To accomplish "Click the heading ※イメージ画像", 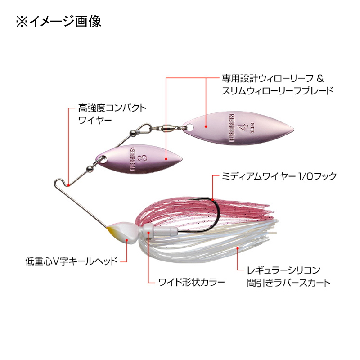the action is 59,22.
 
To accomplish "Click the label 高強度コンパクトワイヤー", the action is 112,114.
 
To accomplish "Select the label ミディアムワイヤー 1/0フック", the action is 279,176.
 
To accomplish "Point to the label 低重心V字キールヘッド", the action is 72,261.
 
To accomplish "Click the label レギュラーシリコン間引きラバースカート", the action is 289,276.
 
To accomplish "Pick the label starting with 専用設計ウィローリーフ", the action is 278,85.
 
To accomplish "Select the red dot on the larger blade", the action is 206,126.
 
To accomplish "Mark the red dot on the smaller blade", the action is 166,158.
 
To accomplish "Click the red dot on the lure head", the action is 127,240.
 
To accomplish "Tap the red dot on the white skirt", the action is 238,248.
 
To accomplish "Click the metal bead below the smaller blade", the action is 89,169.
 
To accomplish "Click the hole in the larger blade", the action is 189,126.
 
